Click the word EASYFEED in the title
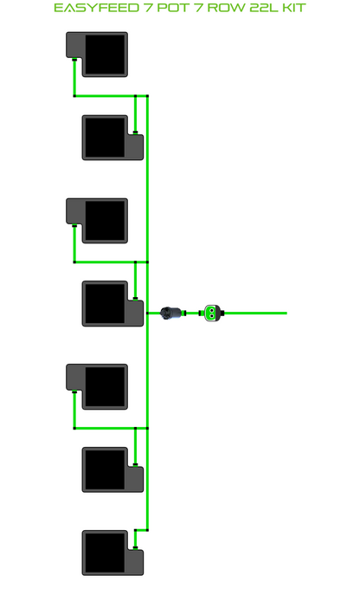[96, 8]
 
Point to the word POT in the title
[173, 8]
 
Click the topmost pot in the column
[97, 55]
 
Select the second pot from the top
[112, 138]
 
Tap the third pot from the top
[97, 221]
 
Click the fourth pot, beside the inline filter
[112, 304]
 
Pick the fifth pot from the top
[97, 386]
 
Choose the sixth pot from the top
[112, 469]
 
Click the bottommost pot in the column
[112, 553]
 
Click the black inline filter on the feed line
[170, 313]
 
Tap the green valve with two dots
[212, 313]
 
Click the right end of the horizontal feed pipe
[286, 313]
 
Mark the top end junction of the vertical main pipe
[148, 96]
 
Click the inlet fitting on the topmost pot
[74, 60]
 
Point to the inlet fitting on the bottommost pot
[135, 547]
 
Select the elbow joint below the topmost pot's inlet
[74, 96]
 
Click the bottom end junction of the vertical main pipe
[148, 530]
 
